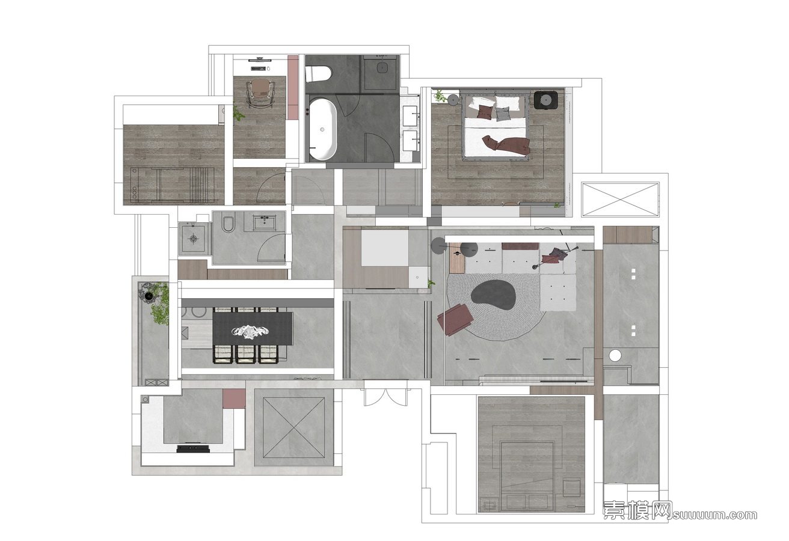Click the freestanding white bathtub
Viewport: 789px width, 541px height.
(323, 129)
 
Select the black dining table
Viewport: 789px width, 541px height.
(253, 329)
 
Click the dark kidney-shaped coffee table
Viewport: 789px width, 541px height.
(494, 296)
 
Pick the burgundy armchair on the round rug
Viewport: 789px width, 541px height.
(455, 319)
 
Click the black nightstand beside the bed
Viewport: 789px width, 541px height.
(545, 100)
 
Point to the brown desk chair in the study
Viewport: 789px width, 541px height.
(261, 92)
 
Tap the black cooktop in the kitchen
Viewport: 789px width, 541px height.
(193, 448)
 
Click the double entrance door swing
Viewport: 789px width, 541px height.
(386, 397)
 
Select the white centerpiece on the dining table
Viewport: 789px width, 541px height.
(250, 332)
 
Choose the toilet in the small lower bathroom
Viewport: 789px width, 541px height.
(228, 224)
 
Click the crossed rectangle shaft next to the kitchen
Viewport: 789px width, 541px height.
(293, 427)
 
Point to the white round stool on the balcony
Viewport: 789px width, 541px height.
(615, 356)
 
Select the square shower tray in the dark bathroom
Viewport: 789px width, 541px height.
(381, 72)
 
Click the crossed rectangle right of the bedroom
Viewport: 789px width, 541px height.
(620, 200)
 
